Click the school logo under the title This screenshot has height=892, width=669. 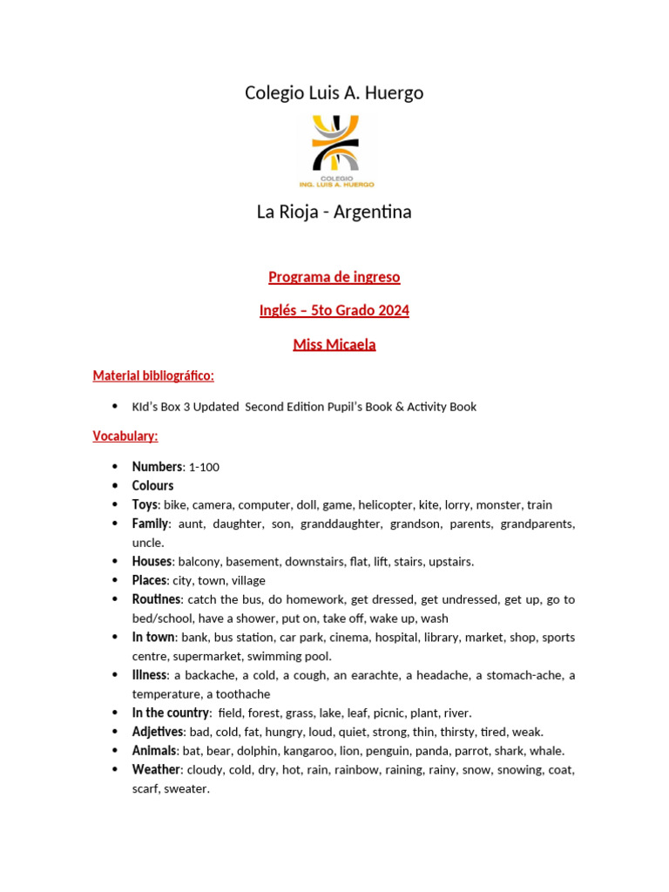(334, 150)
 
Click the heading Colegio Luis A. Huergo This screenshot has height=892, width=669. (334, 92)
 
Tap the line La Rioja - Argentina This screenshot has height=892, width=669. (334, 212)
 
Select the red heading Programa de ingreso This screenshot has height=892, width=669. (334, 277)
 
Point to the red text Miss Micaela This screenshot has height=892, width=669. (334, 344)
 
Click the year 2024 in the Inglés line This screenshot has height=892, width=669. (394, 310)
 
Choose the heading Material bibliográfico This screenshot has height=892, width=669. (153, 375)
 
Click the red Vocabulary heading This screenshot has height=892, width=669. (125, 436)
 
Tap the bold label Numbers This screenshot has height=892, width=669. (157, 467)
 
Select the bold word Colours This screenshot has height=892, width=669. (152, 485)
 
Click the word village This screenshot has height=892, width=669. (248, 580)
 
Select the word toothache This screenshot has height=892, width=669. (241, 694)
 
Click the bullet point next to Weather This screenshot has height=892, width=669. (114, 770)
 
